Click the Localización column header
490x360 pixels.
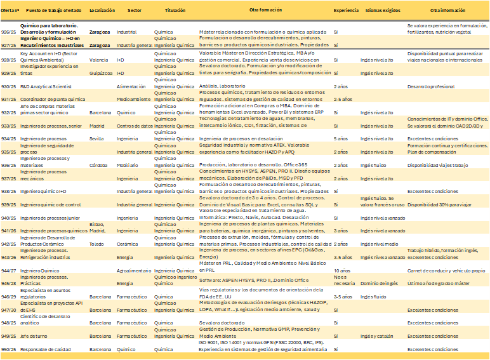[102, 11]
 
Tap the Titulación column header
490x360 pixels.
[175, 11]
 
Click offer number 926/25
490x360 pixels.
[9, 32]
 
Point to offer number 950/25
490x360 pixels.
[9, 349]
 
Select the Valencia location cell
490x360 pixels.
[98, 60]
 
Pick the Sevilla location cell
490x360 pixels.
[96, 138]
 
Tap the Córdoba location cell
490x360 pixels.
[98, 165]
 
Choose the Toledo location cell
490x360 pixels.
[96, 244]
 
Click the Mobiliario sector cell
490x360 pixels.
[128, 165]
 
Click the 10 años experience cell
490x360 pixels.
[342, 270]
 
